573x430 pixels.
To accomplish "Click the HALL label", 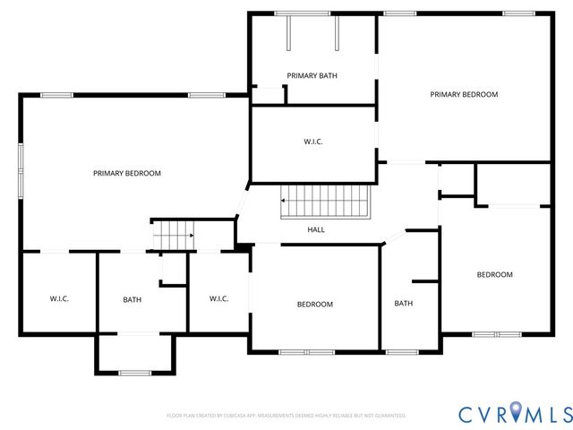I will pos(316,230).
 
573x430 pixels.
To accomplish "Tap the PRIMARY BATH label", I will pos(312,76).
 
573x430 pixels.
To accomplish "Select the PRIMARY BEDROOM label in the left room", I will pos(127,173).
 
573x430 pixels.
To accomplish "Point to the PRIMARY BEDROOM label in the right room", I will pos(464,94).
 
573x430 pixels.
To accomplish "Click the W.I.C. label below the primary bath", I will pos(312,142).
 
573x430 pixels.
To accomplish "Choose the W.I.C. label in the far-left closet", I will pos(59,298).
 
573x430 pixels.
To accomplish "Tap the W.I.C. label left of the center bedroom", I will pos(219,298).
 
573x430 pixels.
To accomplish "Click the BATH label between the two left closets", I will pos(132,299).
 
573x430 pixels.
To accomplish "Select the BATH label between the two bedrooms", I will pos(404,303).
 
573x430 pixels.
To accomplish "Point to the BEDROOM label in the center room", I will pos(314,305).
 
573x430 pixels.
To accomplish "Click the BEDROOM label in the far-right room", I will pos(494,275).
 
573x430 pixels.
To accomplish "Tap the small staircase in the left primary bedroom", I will pos(172,235).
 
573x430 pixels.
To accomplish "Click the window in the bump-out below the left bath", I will pos(134,372).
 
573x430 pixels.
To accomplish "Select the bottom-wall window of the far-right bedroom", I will pos(496,334).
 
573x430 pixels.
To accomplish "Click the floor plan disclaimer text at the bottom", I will pos(286,416).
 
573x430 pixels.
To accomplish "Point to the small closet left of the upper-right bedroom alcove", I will pos(456,180).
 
